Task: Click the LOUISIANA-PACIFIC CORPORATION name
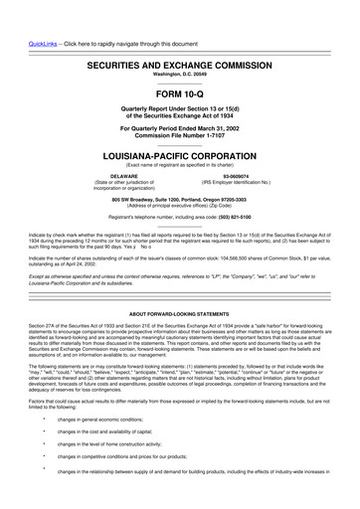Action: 180,156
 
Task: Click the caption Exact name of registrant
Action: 180,166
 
